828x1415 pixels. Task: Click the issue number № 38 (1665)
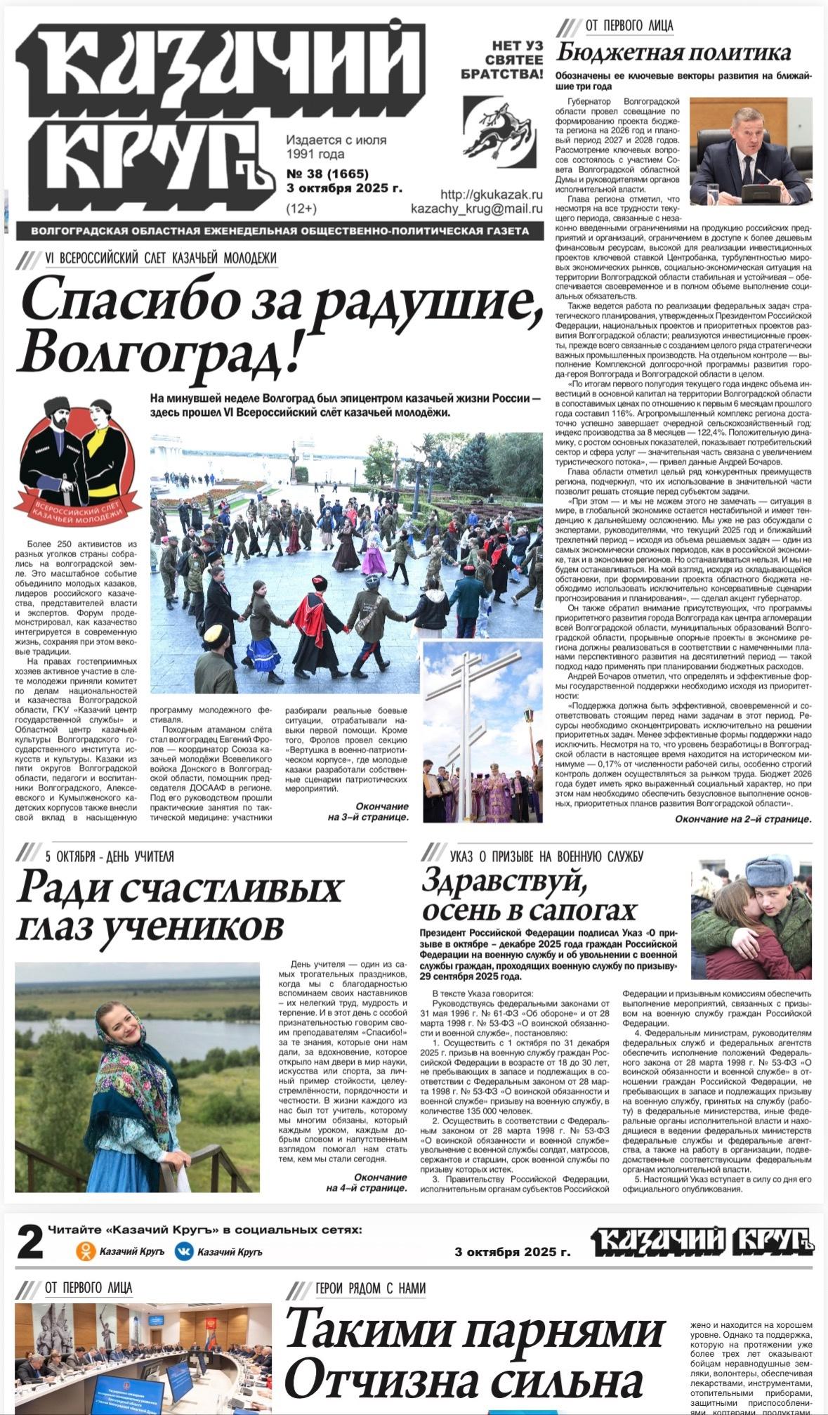click(x=327, y=174)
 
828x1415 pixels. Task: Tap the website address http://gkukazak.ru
click(x=492, y=194)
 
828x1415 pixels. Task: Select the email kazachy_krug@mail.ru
click(x=477, y=209)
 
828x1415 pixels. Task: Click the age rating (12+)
click(x=301, y=209)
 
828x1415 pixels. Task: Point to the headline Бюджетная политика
click(x=673, y=53)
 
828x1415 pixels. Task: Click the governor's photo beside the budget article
click(x=750, y=150)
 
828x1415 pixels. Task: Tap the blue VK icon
click(x=184, y=1251)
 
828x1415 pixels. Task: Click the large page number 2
click(x=29, y=1244)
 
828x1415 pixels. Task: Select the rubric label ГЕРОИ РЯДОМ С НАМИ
click(x=370, y=1288)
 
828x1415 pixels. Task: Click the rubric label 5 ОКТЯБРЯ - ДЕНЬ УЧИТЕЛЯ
click(x=109, y=856)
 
